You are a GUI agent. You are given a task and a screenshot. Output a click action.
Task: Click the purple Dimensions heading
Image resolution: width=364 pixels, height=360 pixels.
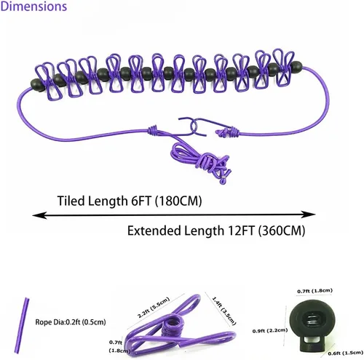33,7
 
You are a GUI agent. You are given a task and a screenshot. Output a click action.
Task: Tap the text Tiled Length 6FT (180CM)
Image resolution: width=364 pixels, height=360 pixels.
130,201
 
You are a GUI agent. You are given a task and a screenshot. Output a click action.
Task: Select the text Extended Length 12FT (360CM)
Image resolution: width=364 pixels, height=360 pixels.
216,231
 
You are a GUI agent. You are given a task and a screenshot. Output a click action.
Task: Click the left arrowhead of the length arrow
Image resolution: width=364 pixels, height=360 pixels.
39,215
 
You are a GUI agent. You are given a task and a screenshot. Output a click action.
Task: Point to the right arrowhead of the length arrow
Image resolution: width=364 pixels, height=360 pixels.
308,215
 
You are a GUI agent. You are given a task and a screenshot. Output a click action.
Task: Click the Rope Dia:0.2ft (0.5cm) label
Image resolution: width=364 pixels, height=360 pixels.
71,322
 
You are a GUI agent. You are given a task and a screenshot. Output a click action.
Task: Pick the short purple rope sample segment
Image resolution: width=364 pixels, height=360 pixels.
22,325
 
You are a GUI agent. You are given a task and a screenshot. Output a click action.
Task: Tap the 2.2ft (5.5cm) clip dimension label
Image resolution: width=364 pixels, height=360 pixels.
154,308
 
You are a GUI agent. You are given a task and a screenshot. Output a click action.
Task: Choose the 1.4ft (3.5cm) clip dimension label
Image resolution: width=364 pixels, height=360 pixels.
223,311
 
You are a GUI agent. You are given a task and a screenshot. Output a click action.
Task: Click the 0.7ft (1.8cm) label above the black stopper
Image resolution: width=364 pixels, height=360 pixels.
314,291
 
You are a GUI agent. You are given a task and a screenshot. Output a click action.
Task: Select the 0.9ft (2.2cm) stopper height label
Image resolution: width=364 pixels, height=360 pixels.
270,330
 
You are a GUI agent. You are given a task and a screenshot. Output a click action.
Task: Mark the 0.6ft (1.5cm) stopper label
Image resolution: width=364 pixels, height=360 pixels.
345,353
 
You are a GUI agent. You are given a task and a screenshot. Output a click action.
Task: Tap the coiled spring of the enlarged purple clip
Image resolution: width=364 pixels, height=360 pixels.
173,326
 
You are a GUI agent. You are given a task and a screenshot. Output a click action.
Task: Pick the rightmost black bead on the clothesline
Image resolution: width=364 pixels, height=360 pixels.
296,66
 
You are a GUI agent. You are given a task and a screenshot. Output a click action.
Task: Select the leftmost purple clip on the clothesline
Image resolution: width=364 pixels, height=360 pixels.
49,81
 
